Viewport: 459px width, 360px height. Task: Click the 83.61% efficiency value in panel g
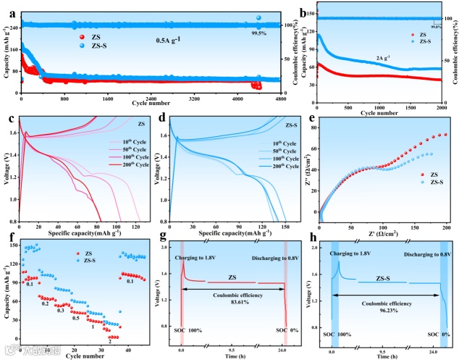[231, 303]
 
